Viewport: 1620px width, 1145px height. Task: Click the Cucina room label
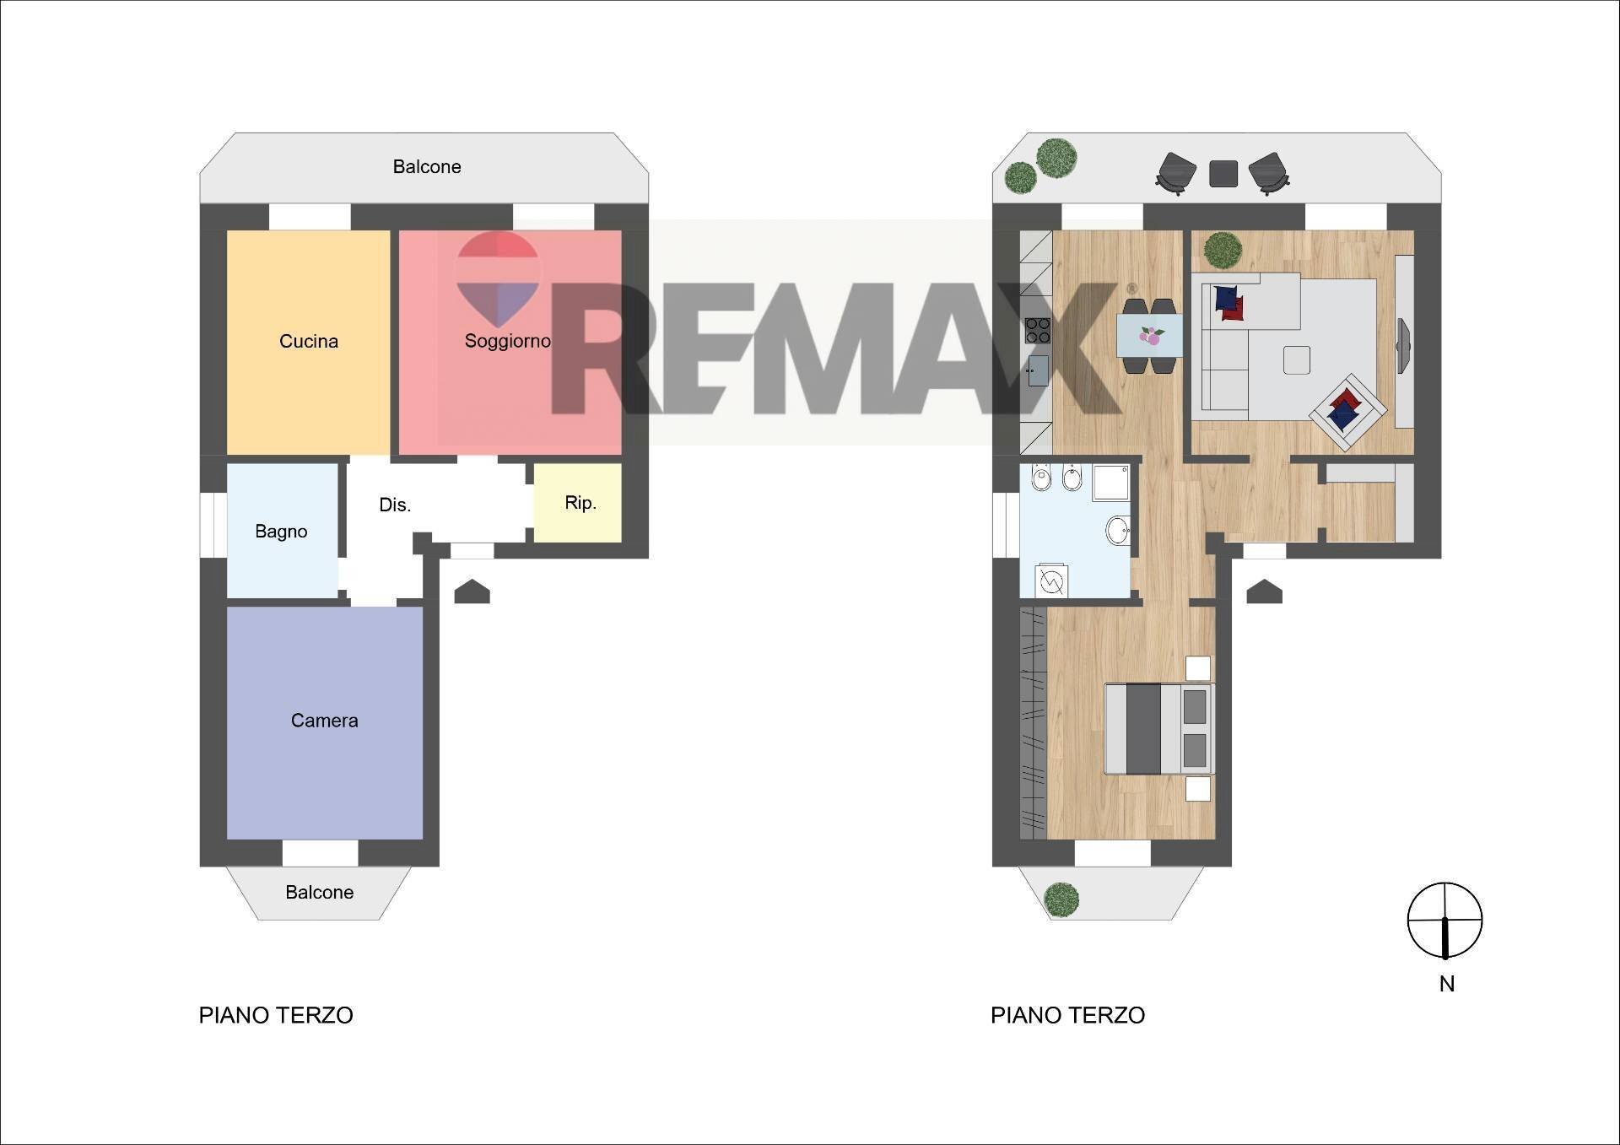click(x=309, y=341)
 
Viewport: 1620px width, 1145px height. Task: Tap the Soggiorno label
click(x=507, y=341)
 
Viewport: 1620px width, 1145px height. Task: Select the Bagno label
click(x=281, y=532)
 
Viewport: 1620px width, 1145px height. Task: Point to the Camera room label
click(x=325, y=721)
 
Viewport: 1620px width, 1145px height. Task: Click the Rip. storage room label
click(x=580, y=503)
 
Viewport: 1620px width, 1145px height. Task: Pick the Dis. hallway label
click(x=395, y=505)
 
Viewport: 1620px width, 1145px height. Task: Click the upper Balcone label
click(x=427, y=167)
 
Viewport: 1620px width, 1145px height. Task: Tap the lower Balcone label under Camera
click(x=319, y=893)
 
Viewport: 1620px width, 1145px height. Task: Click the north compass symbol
click(x=1444, y=921)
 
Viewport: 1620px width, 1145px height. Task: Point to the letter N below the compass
click(x=1447, y=984)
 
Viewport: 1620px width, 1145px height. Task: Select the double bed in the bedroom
click(x=1159, y=729)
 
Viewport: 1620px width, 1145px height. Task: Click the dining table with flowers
click(x=1149, y=336)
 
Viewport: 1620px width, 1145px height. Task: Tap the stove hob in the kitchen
click(x=1037, y=330)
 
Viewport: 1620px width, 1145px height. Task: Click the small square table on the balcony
click(x=1223, y=174)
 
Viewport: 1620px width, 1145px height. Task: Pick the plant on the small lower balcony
click(x=1061, y=899)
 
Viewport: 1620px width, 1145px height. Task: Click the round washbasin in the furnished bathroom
click(x=1118, y=531)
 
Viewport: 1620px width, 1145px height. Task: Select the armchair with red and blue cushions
click(x=1347, y=413)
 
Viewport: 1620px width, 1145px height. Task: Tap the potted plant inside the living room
click(x=1223, y=250)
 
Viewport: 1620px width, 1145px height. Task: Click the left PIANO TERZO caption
click(x=276, y=1015)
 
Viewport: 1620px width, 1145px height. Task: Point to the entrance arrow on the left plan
click(x=472, y=591)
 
